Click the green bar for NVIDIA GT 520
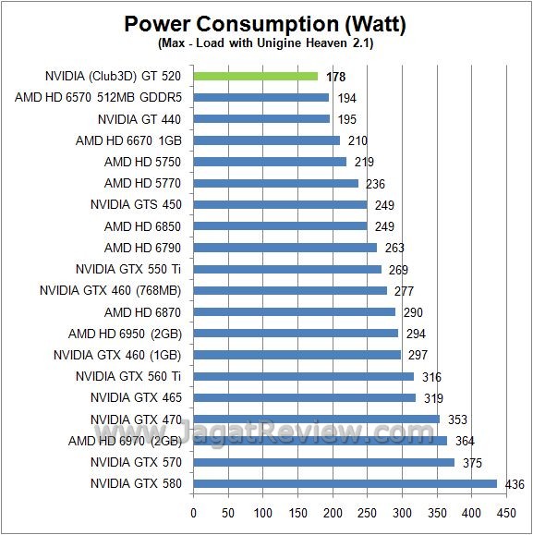256,76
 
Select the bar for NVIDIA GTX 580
345,483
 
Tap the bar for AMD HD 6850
280,226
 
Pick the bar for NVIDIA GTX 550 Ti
287,269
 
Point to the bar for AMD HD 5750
270,162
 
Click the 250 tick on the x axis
368,511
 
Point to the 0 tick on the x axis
194,511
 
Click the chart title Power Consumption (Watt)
266,23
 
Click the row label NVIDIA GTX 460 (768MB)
110,290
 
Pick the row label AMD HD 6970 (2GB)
125,441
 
